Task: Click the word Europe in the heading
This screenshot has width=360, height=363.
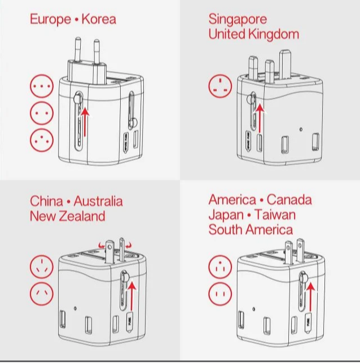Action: (x=50, y=19)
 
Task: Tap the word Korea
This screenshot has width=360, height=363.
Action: (x=99, y=19)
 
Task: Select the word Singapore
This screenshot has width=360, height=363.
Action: (x=238, y=19)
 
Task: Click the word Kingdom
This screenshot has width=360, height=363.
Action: (x=274, y=34)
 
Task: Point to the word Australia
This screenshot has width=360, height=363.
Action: (x=98, y=201)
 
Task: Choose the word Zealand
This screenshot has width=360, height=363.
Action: (x=82, y=216)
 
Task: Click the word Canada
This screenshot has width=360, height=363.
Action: (x=289, y=199)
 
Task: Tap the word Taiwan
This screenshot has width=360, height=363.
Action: (x=275, y=215)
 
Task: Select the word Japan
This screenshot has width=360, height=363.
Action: (x=226, y=215)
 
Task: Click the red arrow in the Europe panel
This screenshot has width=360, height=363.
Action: (x=85, y=122)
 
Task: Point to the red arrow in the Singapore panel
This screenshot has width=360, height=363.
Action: (x=260, y=118)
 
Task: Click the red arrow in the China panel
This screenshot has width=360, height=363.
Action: (x=132, y=296)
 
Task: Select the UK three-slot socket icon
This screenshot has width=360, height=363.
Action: (x=220, y=86)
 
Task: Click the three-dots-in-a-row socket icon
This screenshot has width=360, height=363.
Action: (x=42, y=86)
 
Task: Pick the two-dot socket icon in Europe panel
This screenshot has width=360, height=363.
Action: (x=42, y=113)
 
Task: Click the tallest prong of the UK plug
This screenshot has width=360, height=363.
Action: (x=286, y=65)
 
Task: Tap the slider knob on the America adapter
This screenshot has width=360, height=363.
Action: (x=304, y=277)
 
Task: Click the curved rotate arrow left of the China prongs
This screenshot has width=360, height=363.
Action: (x=101, y=245)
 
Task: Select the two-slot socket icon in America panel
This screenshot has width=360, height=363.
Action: (x=220, y=294)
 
